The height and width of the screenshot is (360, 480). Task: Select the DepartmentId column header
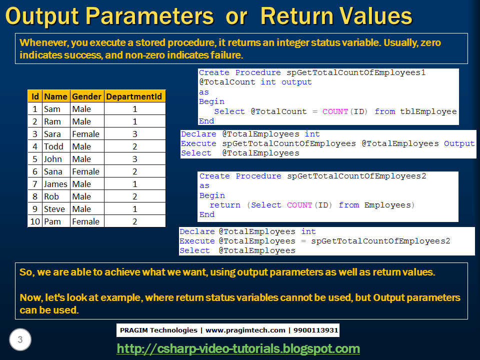134,96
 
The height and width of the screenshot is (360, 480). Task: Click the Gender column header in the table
86,96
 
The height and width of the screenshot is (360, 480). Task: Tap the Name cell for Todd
53,146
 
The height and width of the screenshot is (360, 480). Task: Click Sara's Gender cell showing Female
85,134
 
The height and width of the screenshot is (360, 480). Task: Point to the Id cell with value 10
35,221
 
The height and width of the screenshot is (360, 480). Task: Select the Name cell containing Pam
52,221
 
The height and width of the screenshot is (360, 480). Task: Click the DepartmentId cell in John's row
134,159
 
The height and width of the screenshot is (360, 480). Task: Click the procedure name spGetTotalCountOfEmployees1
356,72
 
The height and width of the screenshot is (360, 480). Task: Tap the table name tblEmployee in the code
428,111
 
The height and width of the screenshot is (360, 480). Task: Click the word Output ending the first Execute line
459,143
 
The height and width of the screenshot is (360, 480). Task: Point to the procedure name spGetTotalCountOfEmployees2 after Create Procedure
356,176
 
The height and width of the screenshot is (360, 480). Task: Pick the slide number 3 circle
20,340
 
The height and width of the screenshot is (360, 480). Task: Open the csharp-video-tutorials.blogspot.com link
238,348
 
